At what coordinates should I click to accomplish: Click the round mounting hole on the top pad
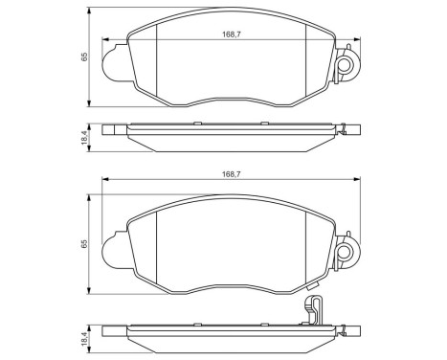(346, 65)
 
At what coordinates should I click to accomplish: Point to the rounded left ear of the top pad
(112, 66)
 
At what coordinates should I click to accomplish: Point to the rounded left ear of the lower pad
(112, 251)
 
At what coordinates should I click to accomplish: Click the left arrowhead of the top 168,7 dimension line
(107, 40)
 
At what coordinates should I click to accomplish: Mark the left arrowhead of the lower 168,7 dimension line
(107, 180)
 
